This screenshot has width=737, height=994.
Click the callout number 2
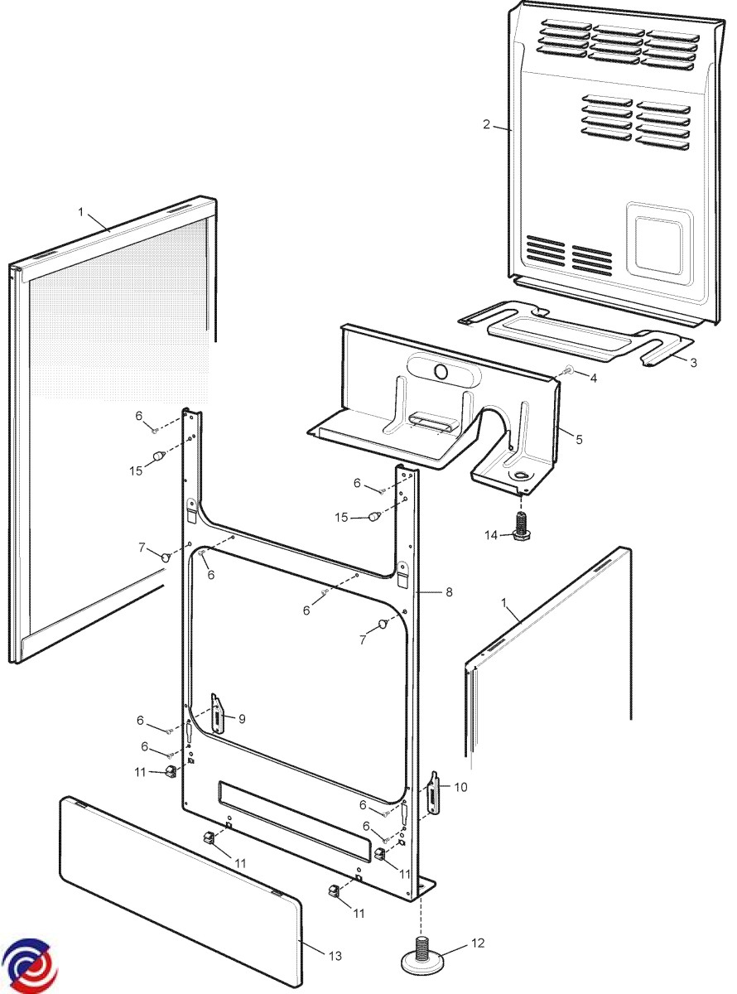487,125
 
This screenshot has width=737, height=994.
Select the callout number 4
593,378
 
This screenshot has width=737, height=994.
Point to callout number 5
578,439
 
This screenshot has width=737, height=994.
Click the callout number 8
449,592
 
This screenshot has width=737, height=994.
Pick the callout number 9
242,719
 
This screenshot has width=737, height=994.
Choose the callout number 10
460,787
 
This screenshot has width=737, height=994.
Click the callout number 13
334,956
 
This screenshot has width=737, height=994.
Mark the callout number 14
492,535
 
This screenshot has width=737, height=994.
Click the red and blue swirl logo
28,965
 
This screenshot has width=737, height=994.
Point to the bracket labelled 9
217,713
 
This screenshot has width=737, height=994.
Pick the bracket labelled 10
433,794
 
